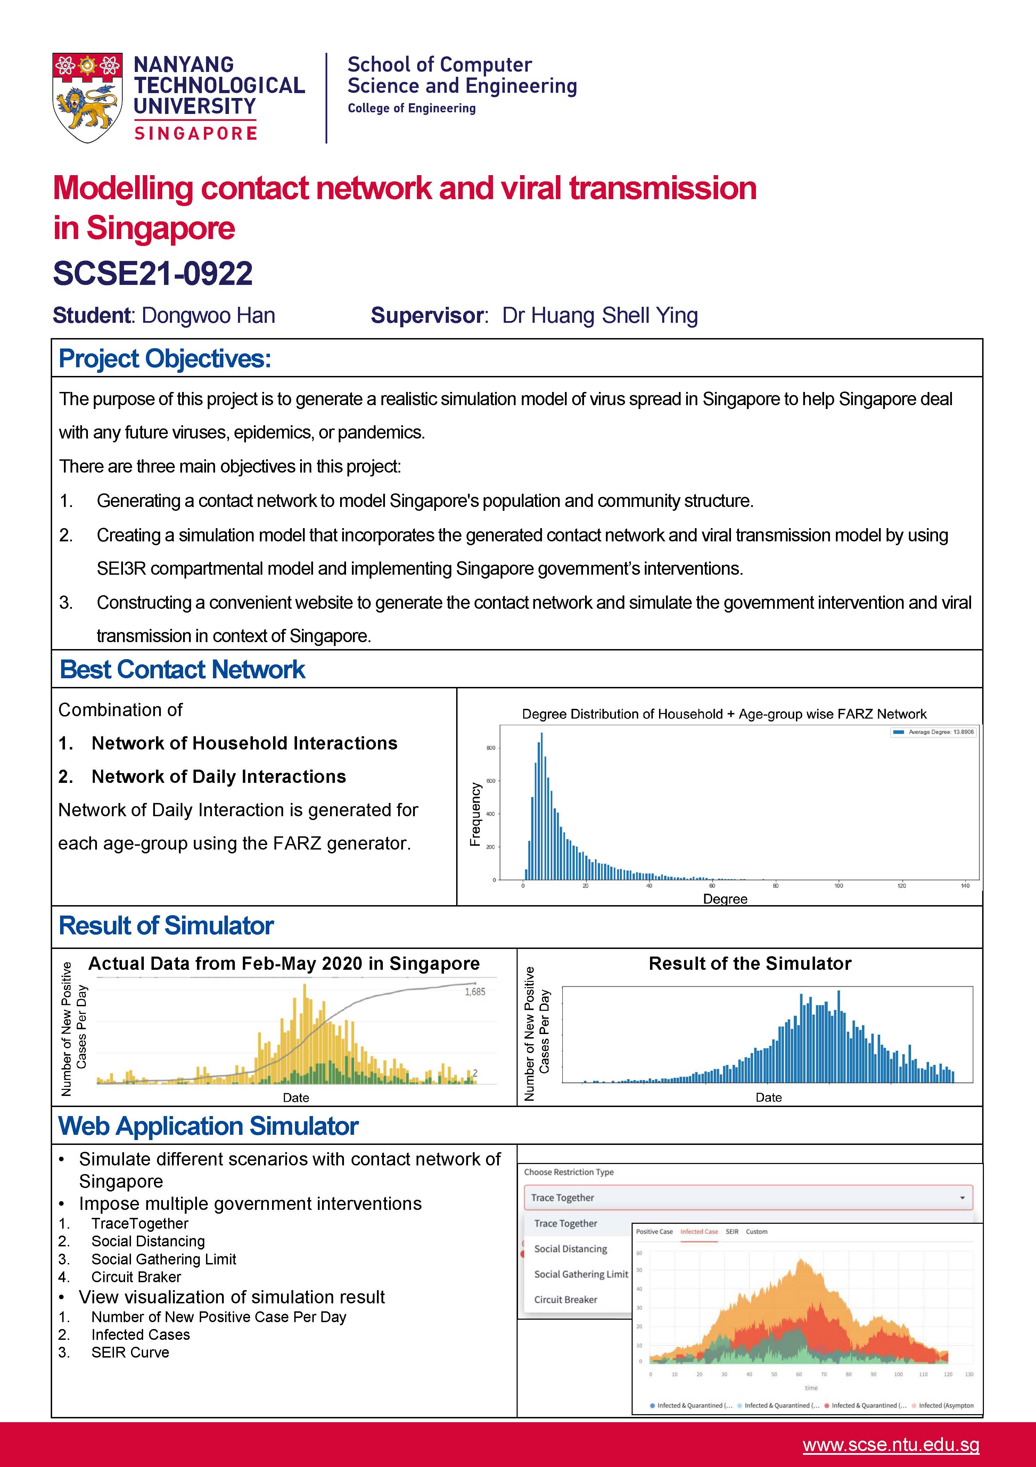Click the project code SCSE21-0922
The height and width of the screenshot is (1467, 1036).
[153, 273]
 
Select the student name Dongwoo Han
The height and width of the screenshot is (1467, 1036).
[208, 315]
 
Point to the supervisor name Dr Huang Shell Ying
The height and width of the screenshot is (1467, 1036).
[600, 315]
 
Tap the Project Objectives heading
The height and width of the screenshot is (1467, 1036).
[165, 359]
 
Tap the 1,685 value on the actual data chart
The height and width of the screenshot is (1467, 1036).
[475, 992]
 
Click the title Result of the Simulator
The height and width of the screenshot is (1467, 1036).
[750, 964]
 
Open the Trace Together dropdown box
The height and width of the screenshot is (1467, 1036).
[747, 1197]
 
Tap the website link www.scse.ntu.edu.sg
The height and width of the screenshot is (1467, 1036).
[890, 1445]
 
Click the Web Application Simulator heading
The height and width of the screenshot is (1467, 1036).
[208, 1126]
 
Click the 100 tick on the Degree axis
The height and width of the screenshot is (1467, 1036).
[839, 886]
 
